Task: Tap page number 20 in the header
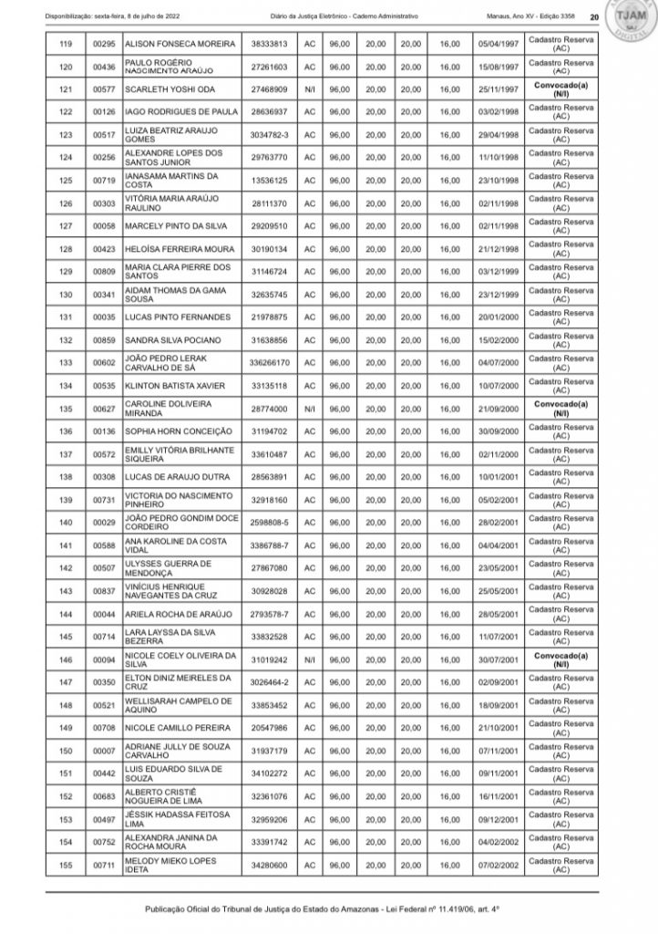593,17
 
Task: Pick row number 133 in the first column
65,362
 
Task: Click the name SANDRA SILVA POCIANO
170,339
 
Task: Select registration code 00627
103,408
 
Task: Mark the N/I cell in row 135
310,408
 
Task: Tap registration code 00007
103,750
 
